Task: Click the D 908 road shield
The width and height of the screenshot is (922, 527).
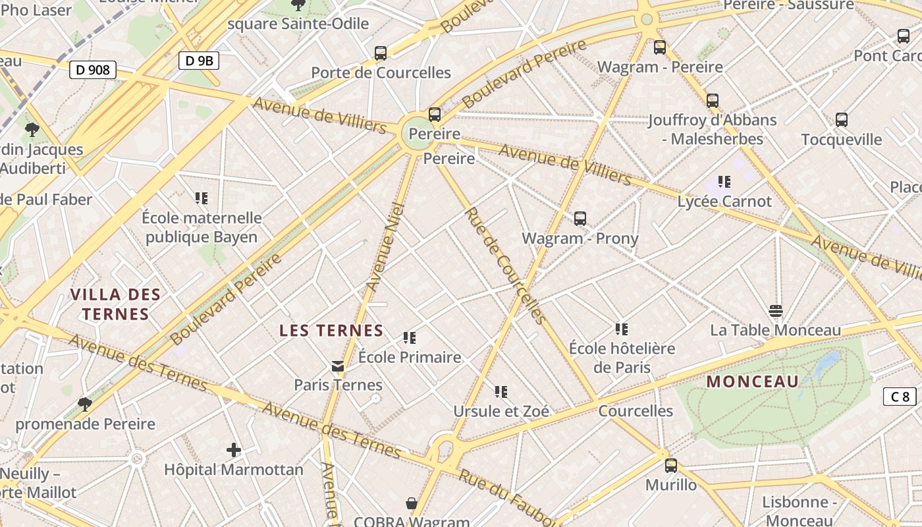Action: pyautogui.click(x=93, y=69)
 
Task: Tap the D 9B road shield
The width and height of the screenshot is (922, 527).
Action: pyautogui.click(x=198, y=61)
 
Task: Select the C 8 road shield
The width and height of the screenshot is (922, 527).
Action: pyautogui.click(x=900, y=397)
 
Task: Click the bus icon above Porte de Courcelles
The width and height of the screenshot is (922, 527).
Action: pyautogui.click(x=381, y=53)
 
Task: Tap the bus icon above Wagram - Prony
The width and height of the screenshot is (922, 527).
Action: pyautogui.click(x=580, y=219)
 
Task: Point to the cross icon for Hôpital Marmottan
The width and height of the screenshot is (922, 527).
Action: pyautogui.click(x=234, y=451)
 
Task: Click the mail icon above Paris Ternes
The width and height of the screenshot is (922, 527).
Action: pyautogui.click(x=338, y=366)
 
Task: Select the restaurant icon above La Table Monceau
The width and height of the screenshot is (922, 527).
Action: pyautogui.click(x=776, y=311)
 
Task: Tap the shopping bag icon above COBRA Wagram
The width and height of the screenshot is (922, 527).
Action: pyautogui.click(x=412, y=504)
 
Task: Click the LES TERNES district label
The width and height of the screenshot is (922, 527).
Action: pyautogui.click(x=331, y=331)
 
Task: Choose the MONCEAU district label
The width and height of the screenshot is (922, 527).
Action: pyautogui.click(x=753, y=381)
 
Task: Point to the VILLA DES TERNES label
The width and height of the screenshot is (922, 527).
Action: pyautogui.click(x=115, y=304)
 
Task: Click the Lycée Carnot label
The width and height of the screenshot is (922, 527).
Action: pyautogui.click(x=724, y=201)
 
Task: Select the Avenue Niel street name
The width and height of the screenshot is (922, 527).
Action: pyautogui.click(x=384, y=247)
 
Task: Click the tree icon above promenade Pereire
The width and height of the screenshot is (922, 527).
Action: pyautogui.click(x=84, y=404)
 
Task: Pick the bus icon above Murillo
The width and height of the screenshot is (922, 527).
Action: pyautogui.click(x=671, y=466)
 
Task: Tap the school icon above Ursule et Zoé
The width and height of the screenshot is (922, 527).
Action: pyautogui.click(x=501, y=392)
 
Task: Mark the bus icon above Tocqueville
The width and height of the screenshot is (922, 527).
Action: pyautogui.click(x=842, y=120)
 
